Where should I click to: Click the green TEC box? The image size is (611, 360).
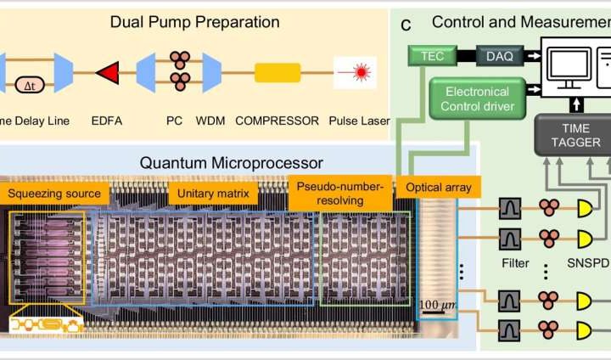(x=429, y=54)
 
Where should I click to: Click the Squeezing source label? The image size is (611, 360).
(x=54, y=194)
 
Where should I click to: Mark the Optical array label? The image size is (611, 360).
(x=439, y=187)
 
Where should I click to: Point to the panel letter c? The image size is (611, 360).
(x=406, y=24)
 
